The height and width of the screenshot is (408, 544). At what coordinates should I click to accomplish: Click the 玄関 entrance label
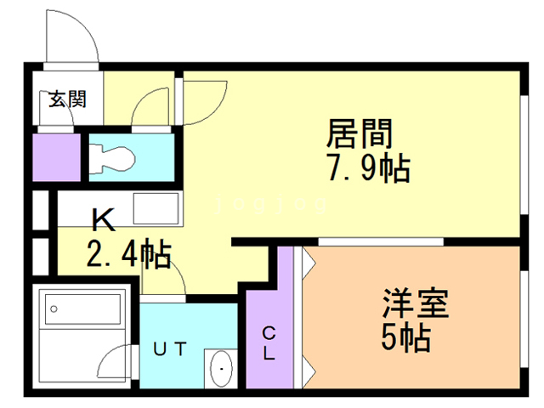pyautogui.click(x=67, y=99)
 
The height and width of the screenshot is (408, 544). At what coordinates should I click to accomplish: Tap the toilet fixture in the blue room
pyautogui.click(x=111, y=159)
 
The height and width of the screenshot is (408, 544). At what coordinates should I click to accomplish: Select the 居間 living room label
pyautogui.click(x=360, y=133)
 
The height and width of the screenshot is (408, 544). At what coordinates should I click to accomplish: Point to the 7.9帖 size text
pyautogui.click(x=369, y=168)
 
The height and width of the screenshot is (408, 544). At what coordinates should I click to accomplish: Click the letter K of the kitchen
pyautogui.click(x=104, y=220)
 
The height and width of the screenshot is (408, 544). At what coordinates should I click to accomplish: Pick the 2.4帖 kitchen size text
pyautogui.click(x=128, y=253)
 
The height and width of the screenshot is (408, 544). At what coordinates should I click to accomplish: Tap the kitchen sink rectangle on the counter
pyautogui.click(x=156, y=208)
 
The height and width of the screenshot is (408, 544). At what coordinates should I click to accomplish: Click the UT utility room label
pyautogui.click(x=170, y=349)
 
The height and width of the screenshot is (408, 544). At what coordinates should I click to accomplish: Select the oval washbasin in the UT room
pyautogui.click(x=221, y=368)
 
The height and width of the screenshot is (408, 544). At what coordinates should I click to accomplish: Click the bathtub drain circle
pyautogui.click(x=54, y=309)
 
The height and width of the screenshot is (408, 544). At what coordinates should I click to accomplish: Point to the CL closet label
pyautogui.click(x=269, y=343)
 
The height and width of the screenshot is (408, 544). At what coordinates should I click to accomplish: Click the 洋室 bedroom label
pyautogui.click(x=416, y=303)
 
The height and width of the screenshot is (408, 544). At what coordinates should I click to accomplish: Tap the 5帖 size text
pyautogui.click(x=406, y=337)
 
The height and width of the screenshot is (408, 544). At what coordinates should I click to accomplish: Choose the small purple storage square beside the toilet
pyautogui.click(x=57, y=157)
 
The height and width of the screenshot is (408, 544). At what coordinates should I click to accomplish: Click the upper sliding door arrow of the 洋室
pyautogui.click(x=309, y=263)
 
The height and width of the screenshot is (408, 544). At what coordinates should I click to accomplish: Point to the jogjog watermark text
pyautogui.click(x=271, y=205)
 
